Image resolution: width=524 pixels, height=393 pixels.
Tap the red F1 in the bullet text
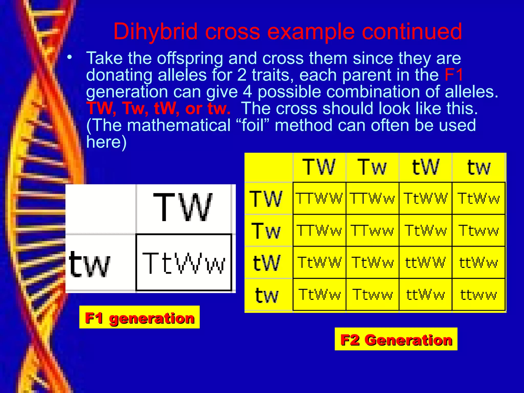(454, 75)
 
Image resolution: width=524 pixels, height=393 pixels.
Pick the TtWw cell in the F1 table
(184, 263)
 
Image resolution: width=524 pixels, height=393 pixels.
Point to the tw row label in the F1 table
(90, 264)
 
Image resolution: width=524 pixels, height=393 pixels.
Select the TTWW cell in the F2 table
(319, 199)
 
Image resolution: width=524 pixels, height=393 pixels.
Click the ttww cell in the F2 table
(478, 295)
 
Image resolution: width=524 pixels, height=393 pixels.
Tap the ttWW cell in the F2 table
(425, 263)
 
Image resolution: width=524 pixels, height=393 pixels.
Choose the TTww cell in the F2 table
(372, 231)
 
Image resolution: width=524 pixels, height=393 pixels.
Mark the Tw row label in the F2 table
(266, 231)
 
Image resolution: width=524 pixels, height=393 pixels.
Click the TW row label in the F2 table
(266, 199)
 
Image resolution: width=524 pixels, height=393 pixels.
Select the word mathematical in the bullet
(179, 125)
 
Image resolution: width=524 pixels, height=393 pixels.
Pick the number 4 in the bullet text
(247, 92)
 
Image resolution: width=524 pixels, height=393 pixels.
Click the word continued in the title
(412, 32)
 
